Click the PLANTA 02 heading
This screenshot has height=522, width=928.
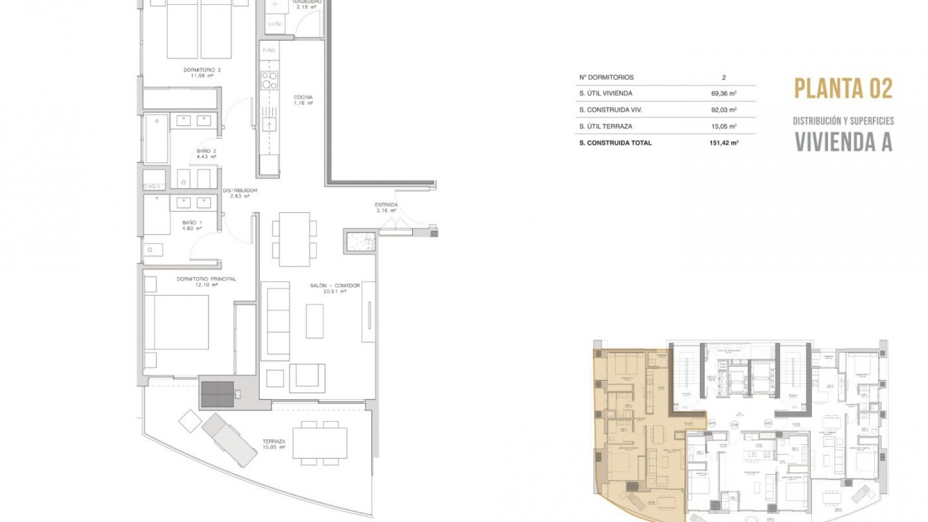(x=843, y=88)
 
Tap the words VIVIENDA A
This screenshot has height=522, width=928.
(x=843, y=142)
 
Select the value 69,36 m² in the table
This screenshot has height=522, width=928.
(x=724, y=93)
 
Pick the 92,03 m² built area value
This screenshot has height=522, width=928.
(x=724, y=110)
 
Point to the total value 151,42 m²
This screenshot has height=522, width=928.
(x=724, y=143)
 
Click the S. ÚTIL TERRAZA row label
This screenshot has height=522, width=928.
(x=606, y=126)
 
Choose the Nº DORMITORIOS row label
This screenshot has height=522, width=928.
(x=606, y=77)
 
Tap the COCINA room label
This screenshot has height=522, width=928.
(x=303, y=100)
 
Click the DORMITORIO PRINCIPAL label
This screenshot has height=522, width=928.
(x=206, y=282)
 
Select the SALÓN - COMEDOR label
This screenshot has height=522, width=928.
(x=335, y=289)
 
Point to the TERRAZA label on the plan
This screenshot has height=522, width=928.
(x=274, y=444)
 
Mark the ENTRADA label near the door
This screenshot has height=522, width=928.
(x=386, y=207)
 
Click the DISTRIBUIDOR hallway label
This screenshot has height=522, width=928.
(x=240, y=193)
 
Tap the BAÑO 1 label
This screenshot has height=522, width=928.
(x=192, y=226)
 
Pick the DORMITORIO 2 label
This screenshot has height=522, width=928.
(x=202, y=73)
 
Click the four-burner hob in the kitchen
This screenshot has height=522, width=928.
(x=269, y=81)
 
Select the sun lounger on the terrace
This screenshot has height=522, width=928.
(x=229, y=440)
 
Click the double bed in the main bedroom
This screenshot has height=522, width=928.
(x=176, y=322)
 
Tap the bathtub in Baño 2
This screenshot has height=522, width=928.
(x=157, y=139)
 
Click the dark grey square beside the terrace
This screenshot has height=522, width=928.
(x=217, y=394)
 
